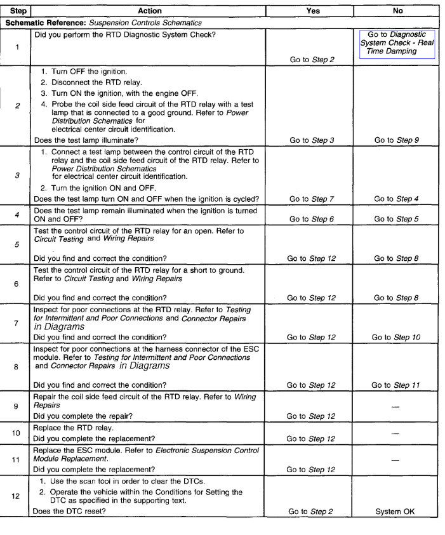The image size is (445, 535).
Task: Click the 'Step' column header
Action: [15, 11]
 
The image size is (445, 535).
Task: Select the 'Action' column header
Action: [148, 11]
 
